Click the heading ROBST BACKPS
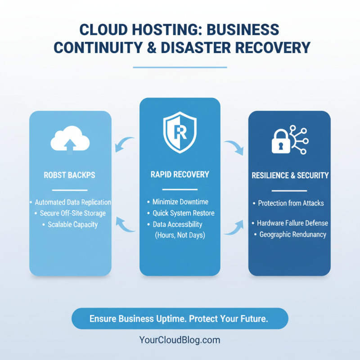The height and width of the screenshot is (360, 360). [70, 175]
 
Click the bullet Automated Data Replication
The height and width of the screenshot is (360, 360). [72, 202]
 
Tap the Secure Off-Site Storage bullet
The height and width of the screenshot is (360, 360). [72, 213]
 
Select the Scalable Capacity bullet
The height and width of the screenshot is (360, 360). [72, 224]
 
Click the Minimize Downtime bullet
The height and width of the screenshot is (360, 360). [180, 202]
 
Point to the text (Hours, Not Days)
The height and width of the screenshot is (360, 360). [180, 235]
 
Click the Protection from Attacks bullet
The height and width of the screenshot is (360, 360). [290, 203]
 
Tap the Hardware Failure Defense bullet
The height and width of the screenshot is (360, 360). [292, 223]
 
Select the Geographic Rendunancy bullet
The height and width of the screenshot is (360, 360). [292, 234]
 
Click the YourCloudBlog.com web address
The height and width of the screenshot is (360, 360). [180, 340]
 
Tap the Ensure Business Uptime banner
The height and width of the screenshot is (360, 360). [180, 319]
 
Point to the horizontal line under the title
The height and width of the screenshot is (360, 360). [180, 67]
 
